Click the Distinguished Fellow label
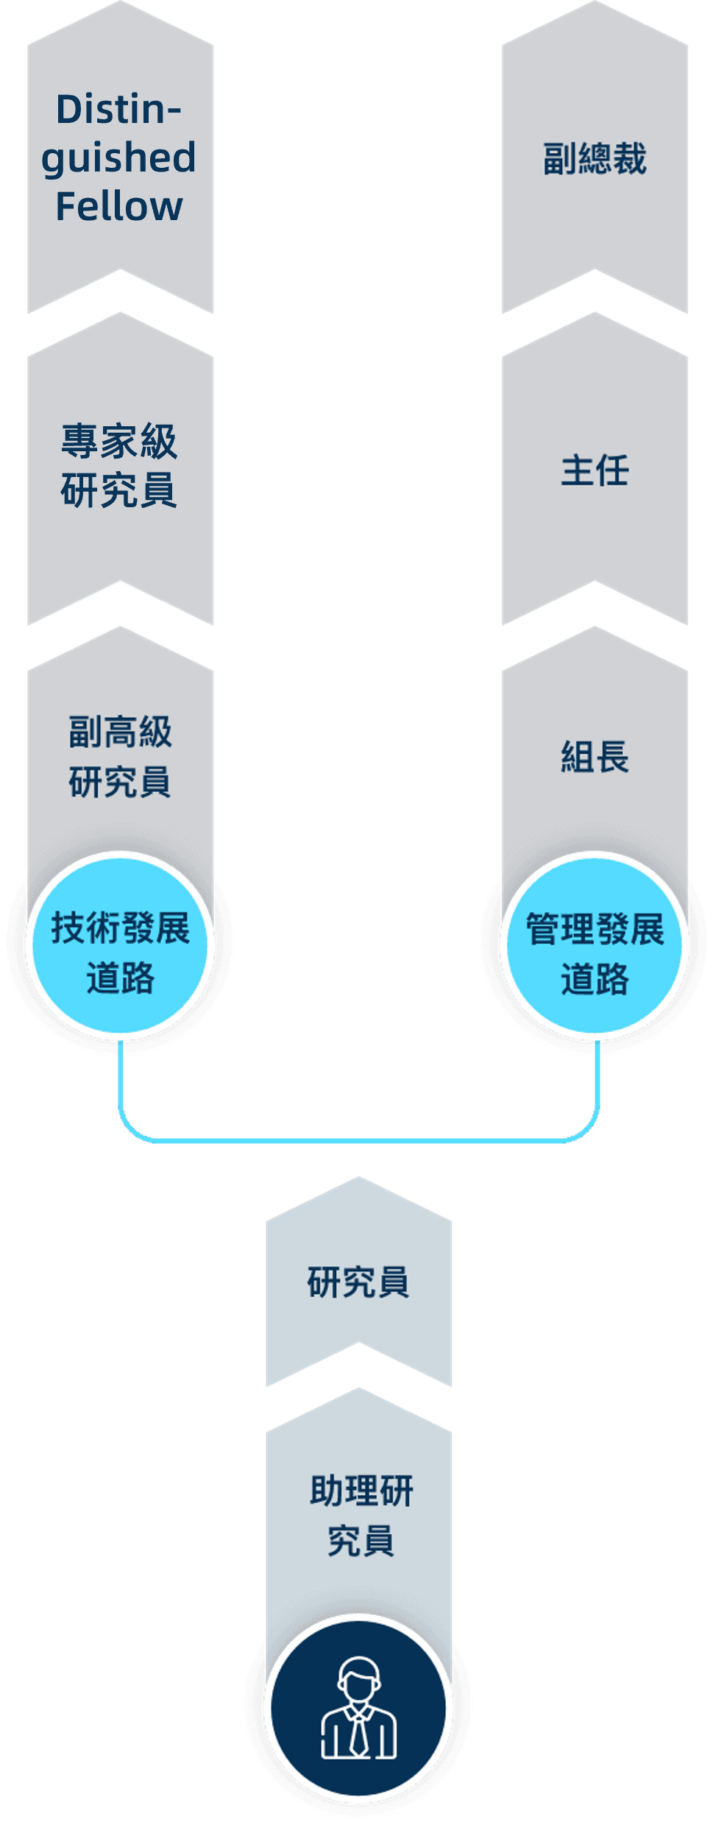coord(119,158)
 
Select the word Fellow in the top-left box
coord(119,206)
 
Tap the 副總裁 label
coord(595,159)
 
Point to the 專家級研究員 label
coord(119,466)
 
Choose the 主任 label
coord(595,470)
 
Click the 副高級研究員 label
coord(120,757)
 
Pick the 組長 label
coord(595,757)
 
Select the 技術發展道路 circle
coord(120,946)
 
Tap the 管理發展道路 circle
coord(595,946)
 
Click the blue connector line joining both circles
coord(359,1140)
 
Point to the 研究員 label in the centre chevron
coord(358,1282)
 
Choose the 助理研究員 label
coord(361,1515)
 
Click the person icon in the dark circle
coord(358,1708)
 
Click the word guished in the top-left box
coord(119,158)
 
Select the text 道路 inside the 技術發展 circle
coord(120,978)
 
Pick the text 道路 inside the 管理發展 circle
coord(595,980)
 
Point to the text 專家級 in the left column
coord(119,442)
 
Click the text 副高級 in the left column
coord(120,732)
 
